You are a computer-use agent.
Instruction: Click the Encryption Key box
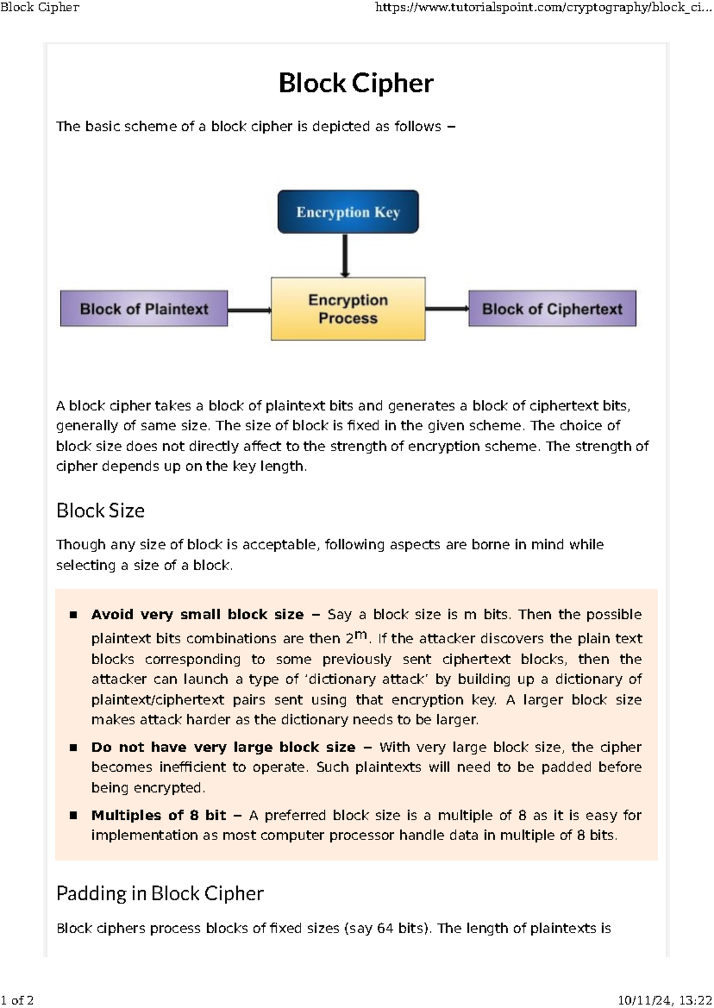(348, 212)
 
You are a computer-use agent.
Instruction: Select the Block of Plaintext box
(144, 309)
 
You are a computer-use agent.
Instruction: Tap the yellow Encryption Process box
(348, 309)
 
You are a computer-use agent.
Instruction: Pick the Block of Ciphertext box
(552, 309)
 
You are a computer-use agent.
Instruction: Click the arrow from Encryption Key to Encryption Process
(345, 255)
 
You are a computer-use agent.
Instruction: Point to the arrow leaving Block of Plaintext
(249, 310)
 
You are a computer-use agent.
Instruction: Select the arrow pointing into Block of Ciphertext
(447, 308)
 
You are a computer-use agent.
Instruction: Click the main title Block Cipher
(356, 83)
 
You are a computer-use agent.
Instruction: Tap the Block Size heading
(101, 511)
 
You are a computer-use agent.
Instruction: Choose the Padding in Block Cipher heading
(160, 893)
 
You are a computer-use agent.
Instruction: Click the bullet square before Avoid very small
(73, 615)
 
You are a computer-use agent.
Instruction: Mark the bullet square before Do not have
(73, 747)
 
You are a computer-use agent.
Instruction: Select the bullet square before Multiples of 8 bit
(73, 815)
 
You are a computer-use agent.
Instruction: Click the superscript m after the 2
(361, 635)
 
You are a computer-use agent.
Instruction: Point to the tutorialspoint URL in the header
(543, 8)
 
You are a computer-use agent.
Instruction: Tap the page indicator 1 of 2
(17, 1000)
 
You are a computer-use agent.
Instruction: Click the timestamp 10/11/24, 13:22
(665, 1000)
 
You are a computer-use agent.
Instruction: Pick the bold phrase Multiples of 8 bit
(159, 815)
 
